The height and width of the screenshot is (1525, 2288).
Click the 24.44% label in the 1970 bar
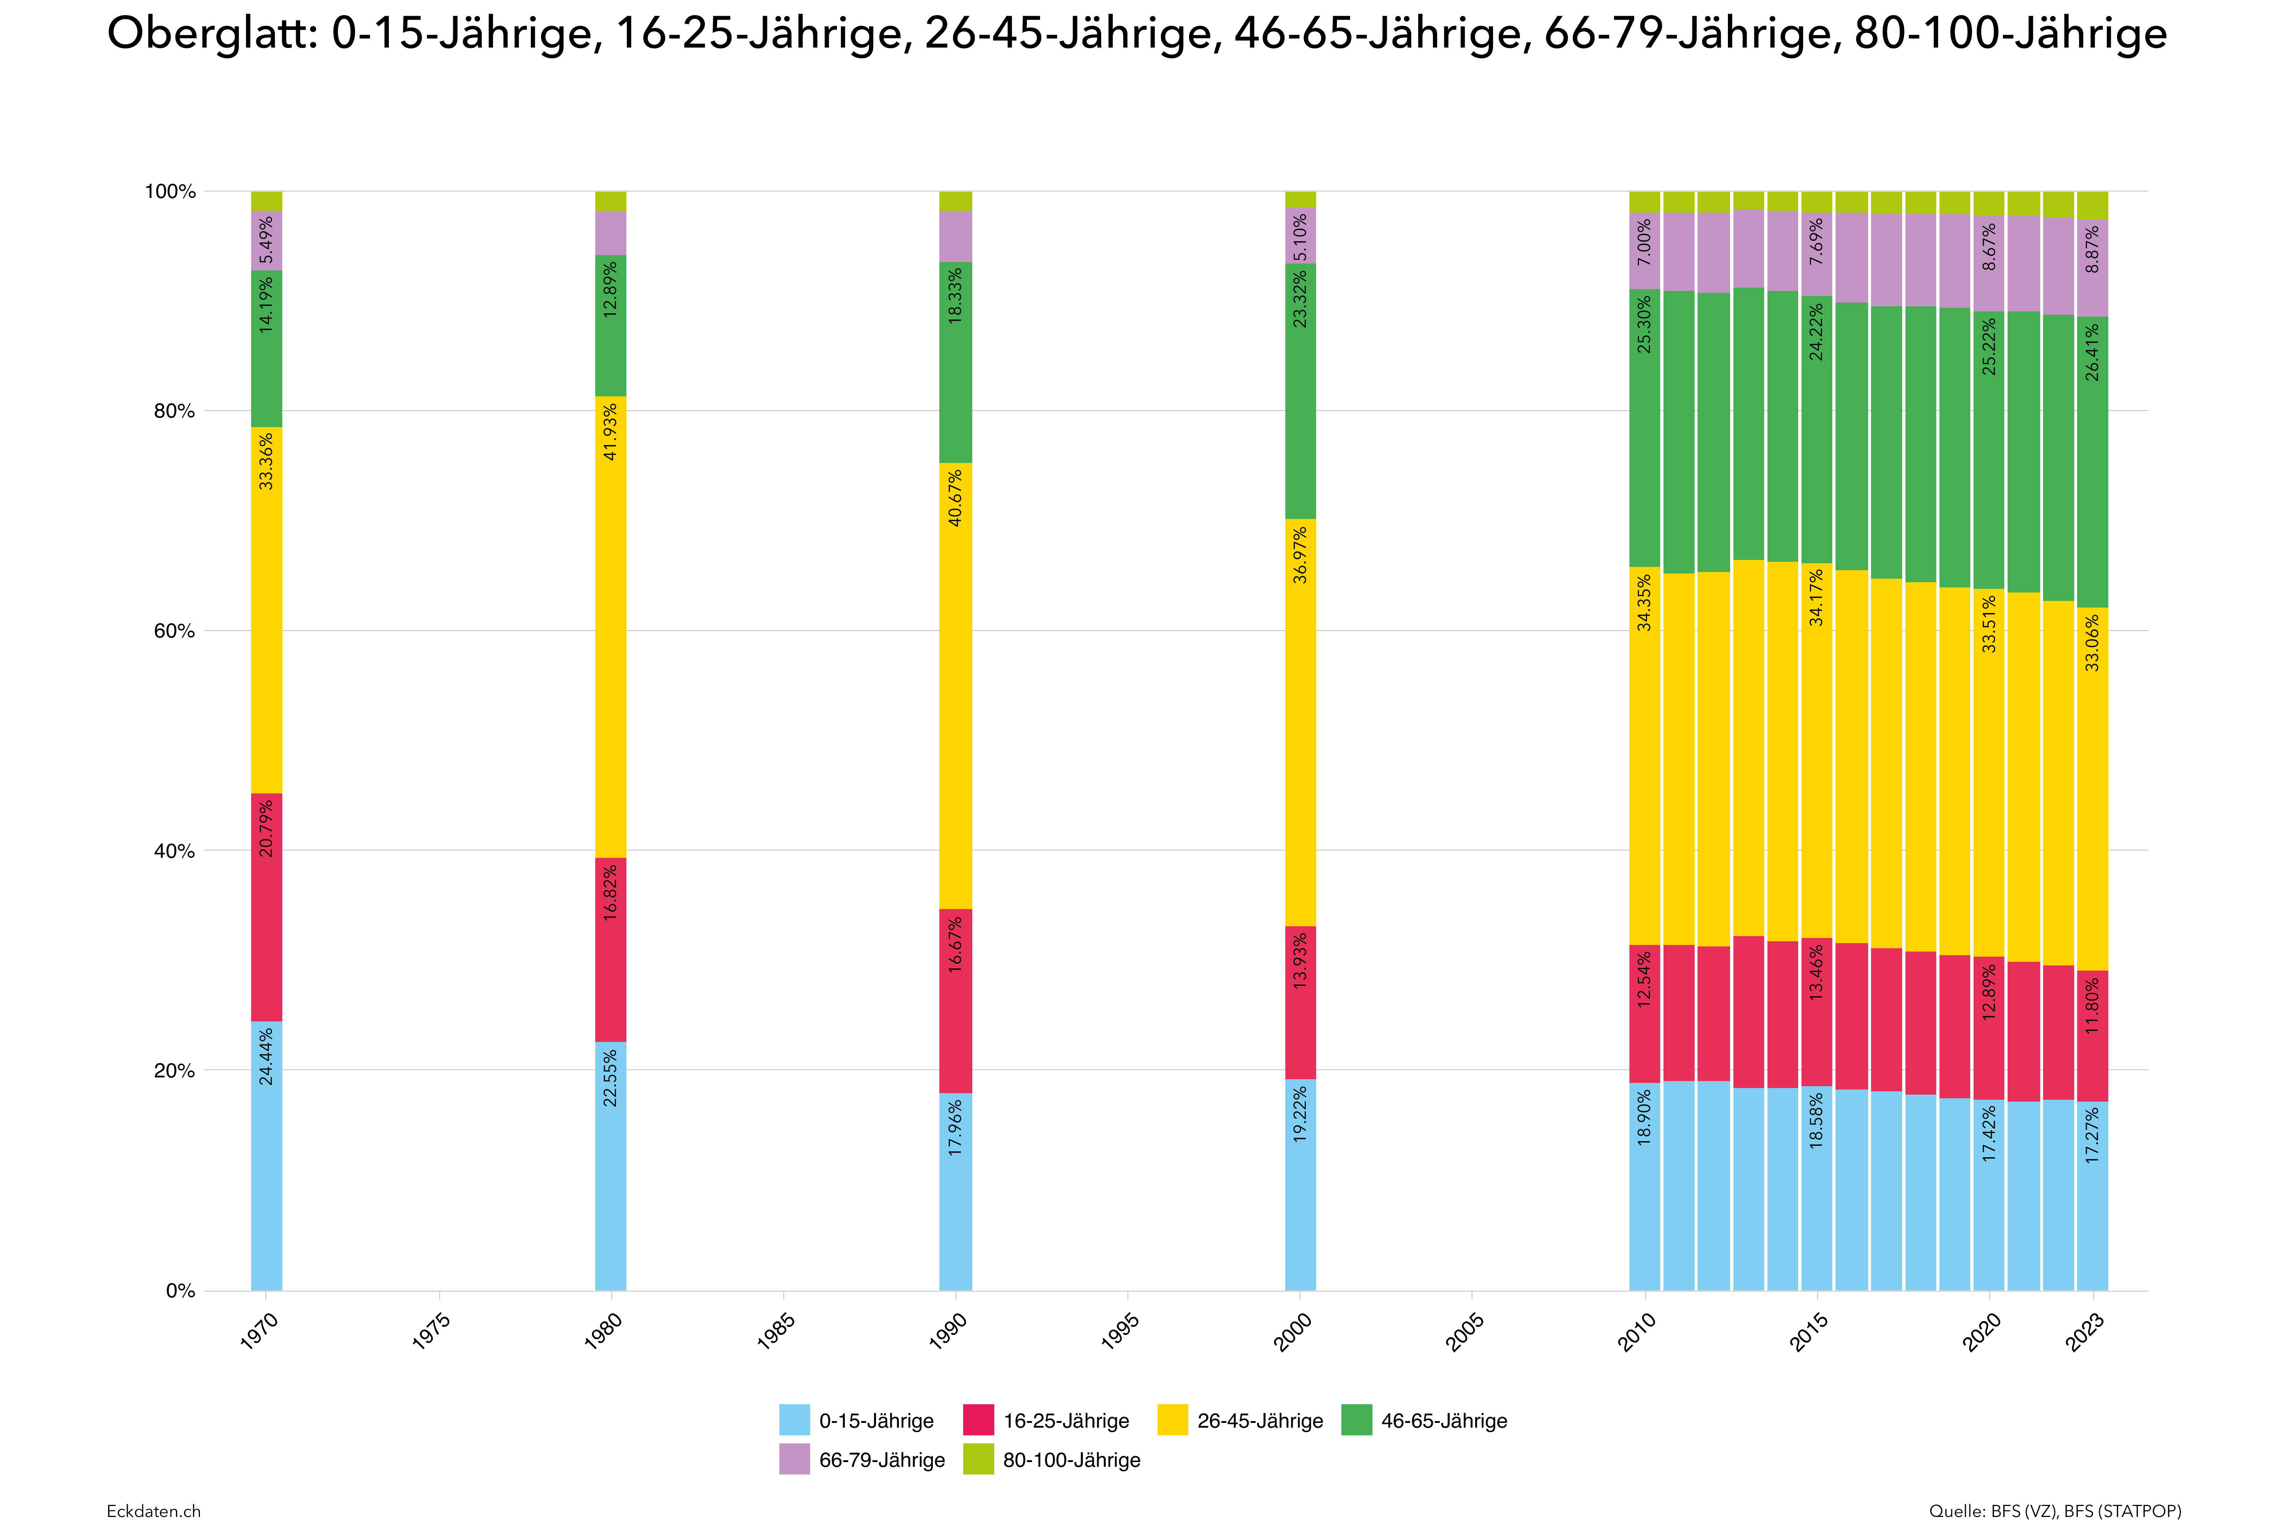pyautogui.click(x=267, y=1056)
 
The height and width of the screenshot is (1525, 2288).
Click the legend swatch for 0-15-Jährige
pyautogui.click(x=794, y=1420)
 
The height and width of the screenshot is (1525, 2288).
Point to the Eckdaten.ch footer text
pyautogui.click(x=154, y=1510)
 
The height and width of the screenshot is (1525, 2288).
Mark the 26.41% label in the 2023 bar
pyautogui.click(x=2093, y=352)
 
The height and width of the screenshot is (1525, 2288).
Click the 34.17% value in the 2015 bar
pyautogui.click(x=1816, y=598)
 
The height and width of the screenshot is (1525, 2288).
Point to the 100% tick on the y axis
pyautogui.click(x=170, y=192)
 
